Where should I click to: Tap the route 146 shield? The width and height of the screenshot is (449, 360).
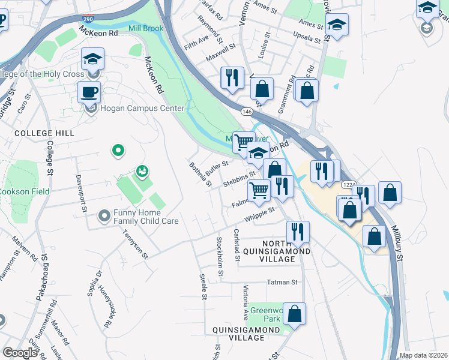pos(247,112)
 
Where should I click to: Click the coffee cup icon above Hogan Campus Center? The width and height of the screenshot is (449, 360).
pos(89,92)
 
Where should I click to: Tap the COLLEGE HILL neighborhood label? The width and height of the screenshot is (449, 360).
pos(44,133)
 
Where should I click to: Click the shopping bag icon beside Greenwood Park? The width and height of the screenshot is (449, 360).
pos(294,314)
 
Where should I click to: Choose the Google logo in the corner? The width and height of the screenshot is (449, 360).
pos(20,353)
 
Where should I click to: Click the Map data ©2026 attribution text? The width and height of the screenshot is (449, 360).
pos(423,355)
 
